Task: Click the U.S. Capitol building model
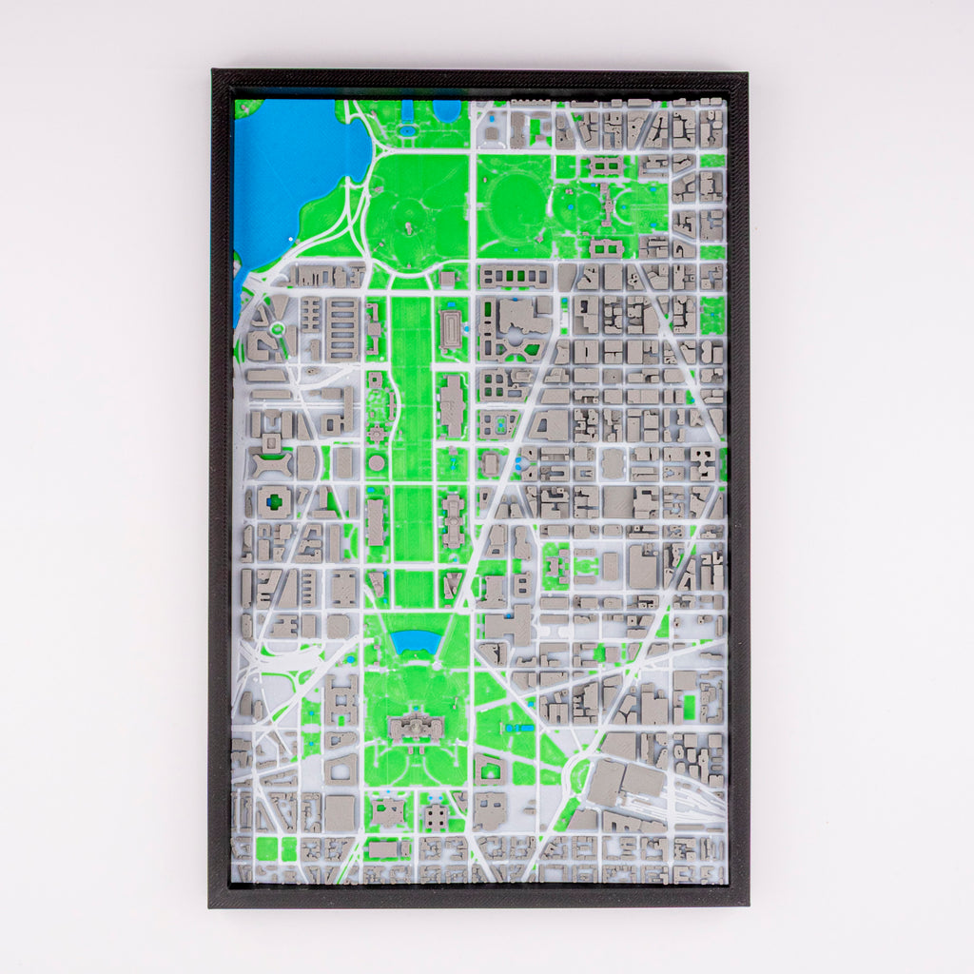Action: [x=416, y=729]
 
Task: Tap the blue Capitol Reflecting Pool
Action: [x=416, y=640]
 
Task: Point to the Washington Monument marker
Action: [x=409, y=227]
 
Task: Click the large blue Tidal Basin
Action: [x=290, y=171]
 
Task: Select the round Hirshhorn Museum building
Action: [x=377, y=463]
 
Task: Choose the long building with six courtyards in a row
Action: [x=513, y=277]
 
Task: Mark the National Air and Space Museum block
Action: [x=375, y=522]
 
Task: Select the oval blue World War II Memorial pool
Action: [x=409, y=129]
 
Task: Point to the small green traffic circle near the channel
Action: [x=277, y=329]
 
